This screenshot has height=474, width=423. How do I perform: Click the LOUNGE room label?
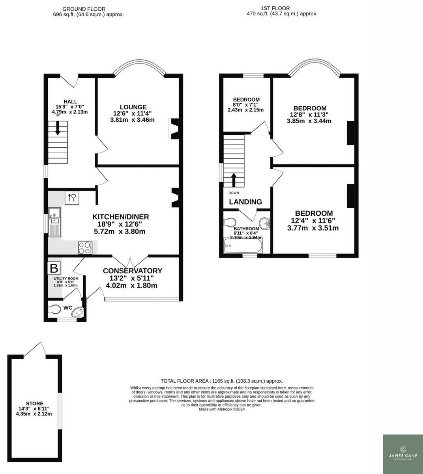(x=133, y=107)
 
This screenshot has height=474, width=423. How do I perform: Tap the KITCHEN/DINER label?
(x=120, y=217)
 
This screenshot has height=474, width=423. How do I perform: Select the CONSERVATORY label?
(x=132, y=271)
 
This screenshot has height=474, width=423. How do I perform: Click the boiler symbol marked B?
(x=54, y=268)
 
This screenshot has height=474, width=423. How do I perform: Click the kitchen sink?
(x=54, y=215)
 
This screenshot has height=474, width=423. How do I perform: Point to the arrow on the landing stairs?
(x=233, y=180)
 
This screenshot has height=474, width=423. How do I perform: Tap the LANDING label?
(x=245, y=202)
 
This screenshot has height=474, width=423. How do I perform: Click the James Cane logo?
(x=403, y=453)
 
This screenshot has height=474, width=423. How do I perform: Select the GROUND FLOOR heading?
(x=84, y=8)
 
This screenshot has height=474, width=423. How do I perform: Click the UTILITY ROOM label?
(x=66, y=278)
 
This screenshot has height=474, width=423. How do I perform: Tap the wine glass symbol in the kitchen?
(x=72, y=197)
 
